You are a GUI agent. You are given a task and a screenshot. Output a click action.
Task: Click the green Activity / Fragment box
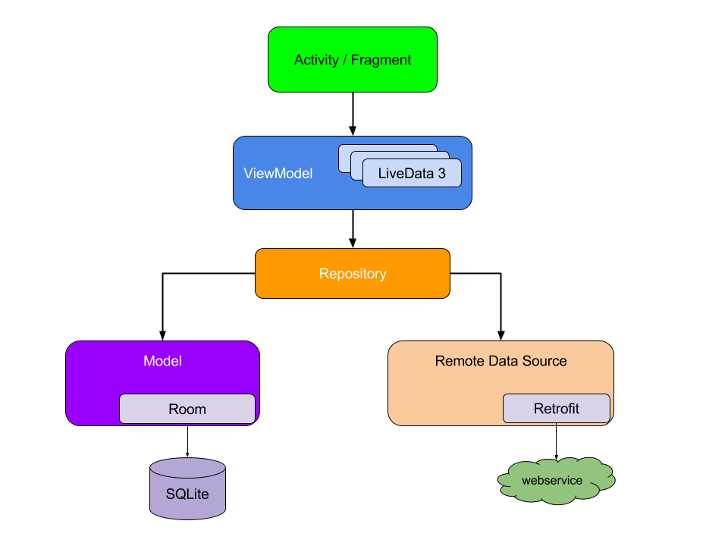point(353,60)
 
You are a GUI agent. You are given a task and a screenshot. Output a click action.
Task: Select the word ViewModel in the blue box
point(278,174)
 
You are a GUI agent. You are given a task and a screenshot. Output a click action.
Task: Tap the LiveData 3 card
point(412,174)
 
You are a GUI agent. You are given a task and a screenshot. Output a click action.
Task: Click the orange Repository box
point(353,274)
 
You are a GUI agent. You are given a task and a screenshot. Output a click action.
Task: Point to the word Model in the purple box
point(162,361)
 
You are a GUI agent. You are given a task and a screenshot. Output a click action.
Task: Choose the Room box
point(187,409)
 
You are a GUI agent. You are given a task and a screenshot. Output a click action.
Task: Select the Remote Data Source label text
point(500,361)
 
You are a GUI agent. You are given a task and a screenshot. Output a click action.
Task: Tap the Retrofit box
point(556,409)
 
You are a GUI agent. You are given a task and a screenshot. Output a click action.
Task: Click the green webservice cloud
point(556,481)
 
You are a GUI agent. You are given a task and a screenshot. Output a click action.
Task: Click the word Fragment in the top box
point(381,60)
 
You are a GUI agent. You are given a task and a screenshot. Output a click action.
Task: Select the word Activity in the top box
point(316,60)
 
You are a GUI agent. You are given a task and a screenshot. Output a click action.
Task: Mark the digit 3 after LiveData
point(441,174)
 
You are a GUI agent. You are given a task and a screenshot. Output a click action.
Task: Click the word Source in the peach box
point(544,361)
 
